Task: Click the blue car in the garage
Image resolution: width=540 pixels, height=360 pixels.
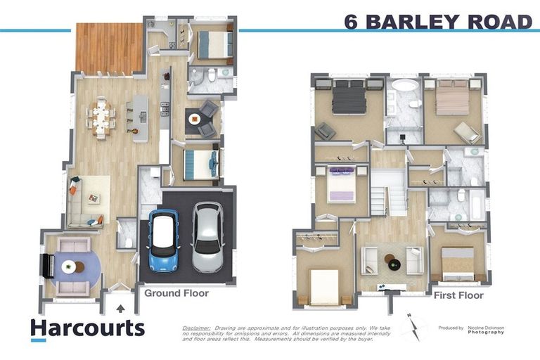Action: point(163,237)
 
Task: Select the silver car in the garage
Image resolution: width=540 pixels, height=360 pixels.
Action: point(207,238)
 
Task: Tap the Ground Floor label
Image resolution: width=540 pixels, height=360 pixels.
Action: point(176,292)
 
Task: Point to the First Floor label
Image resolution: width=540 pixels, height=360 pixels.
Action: point(458,295)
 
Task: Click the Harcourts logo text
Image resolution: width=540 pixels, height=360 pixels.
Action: point(87,328)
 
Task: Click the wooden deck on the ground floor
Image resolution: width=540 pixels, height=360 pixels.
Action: point(109,49)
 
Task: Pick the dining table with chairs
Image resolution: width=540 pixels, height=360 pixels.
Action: point(102,118)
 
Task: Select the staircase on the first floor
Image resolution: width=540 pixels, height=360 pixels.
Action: point(388,191)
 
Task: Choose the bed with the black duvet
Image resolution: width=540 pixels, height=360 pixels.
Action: point(349,97)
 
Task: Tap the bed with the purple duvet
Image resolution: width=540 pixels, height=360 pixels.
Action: point(341,185)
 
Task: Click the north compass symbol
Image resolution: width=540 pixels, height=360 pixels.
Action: point(414,328)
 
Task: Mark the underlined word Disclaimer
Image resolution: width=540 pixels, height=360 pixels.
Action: point(196,328)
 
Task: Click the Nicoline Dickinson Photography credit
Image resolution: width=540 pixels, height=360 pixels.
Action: point(482,330)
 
